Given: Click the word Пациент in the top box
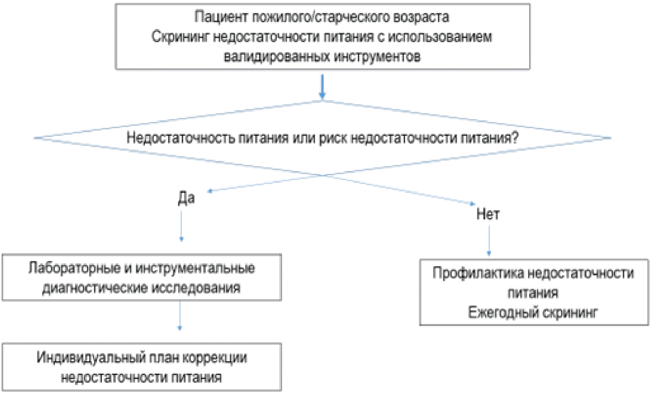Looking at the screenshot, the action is click(221, 17).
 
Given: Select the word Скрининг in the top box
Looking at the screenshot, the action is click(180, 37).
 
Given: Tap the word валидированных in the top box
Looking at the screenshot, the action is click(276, 56).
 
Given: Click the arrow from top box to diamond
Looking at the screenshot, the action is click(322, 86).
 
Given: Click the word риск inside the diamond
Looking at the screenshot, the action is click(333, 138).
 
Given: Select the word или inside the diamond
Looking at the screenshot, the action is click(304, 138).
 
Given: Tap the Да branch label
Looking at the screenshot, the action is click(186, 199).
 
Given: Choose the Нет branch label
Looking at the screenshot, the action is click(488, 214).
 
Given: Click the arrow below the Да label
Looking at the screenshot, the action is click(181, 226).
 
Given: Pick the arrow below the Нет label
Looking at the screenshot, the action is click(489, 241).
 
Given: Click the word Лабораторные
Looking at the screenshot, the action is click(75, 268).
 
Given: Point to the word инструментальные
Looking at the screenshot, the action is click(195, 268).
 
